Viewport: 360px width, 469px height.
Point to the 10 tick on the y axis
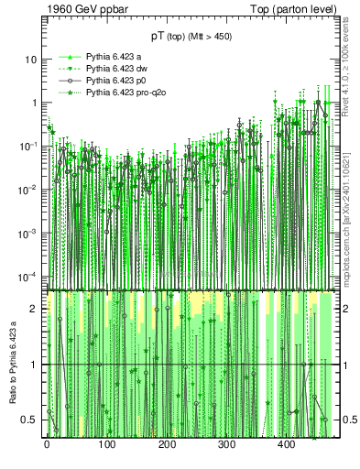pyautogui.click(x=31, y=60)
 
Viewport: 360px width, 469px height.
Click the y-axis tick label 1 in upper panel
pyautogui.click(x=34, y=103)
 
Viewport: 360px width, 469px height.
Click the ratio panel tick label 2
pyautogui.click(x=35, y=309)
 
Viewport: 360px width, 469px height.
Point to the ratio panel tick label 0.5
pyautogui.click(x=31, y=420)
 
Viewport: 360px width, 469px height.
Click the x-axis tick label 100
pyautogui.click(x=106, y=445)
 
